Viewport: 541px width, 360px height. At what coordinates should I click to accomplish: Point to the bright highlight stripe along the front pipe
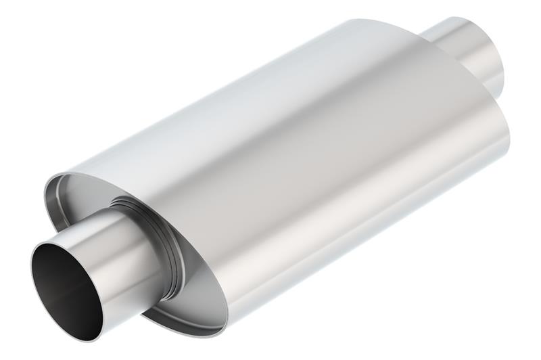[101, 237]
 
